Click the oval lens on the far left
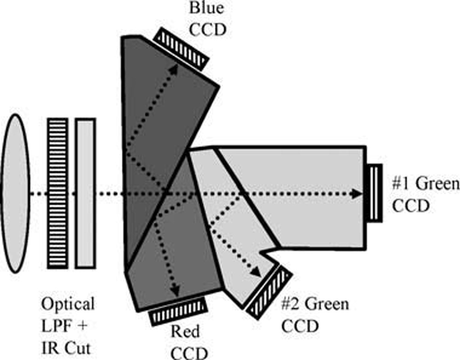(16, 193)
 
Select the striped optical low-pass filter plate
(57, 193)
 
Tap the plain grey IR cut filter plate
(85, 193)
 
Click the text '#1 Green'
(426, 185)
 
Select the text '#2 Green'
(315, 304)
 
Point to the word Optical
(68, 304)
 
